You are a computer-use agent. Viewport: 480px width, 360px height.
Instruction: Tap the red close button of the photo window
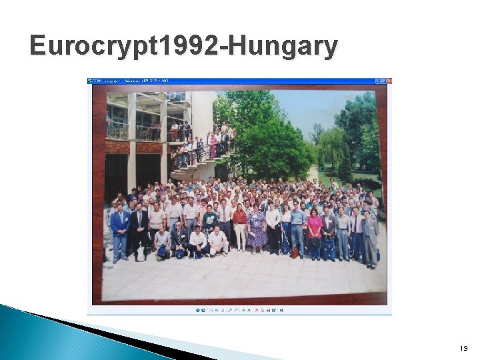(x=389, y=81)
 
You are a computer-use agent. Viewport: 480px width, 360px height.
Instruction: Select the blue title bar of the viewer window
(x=233, y=81)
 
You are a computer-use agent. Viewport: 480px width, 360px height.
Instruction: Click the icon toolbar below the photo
(x=240, y=310)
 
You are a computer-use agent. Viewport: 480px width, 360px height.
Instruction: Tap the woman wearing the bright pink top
(x=315, y=230)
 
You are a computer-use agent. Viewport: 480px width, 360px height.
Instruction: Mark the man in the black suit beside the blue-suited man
(x=139, y=230)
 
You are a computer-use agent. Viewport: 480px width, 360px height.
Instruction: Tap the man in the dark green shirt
(x=210, y=220)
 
